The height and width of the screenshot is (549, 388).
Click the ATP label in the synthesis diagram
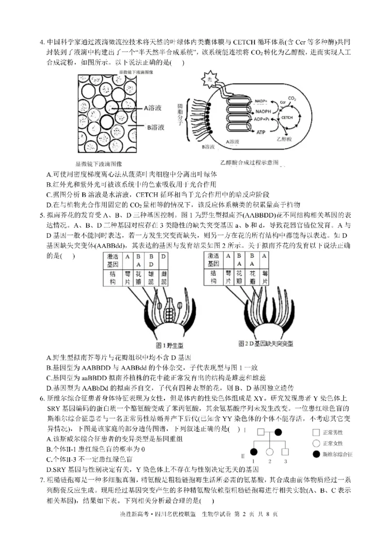coord(261,132)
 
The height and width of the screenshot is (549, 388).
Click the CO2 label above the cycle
coord(292,99)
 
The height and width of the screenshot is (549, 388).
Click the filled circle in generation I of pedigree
coord(278,432)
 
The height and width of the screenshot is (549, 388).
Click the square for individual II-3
coord(286,452)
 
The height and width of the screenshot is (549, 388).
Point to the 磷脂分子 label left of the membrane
coord(181,116)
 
